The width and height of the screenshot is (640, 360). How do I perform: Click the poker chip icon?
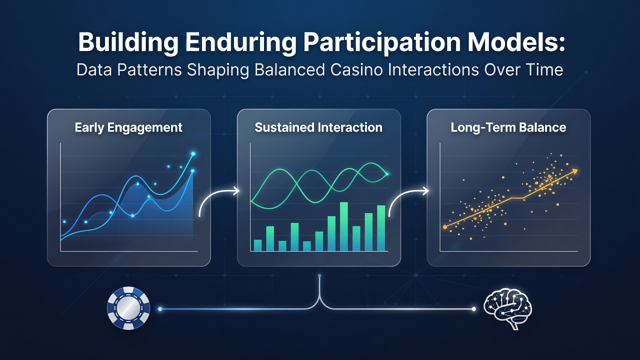(128, 308)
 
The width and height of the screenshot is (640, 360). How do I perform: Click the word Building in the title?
(128, 42)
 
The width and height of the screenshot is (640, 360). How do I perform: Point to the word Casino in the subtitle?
(356, 70)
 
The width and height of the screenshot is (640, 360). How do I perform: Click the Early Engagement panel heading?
(128, 127)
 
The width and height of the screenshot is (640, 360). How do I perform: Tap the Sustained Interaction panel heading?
(318, 127)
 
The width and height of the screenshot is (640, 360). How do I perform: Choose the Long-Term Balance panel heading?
(508, 127)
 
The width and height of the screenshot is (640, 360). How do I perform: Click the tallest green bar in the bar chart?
(343, 226)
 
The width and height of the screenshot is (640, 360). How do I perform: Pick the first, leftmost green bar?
(257, 245)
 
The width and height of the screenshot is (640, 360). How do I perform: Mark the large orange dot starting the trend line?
(445, 227)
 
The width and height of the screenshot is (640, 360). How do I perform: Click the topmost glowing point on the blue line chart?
(193, 154)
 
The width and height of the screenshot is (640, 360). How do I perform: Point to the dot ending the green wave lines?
(387, 174)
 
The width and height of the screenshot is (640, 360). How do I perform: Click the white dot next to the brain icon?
(473, 309)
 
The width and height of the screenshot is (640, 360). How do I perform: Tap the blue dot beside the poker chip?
(160, 309)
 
